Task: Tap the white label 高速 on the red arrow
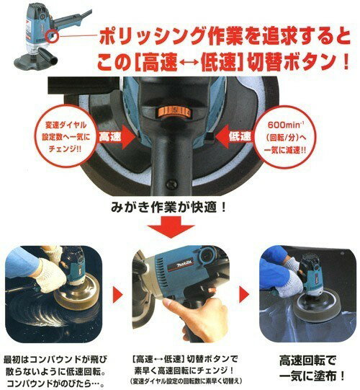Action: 110,137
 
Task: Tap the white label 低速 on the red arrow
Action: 240,136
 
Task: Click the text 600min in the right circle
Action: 284,125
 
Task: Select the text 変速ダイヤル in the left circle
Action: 66,125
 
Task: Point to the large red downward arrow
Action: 171,227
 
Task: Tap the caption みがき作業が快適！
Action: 168,207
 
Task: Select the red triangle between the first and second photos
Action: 117,295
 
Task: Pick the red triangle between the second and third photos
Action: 244,295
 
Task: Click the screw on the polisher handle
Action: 171,185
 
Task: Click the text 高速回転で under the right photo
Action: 307,360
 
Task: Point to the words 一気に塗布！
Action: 312,376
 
